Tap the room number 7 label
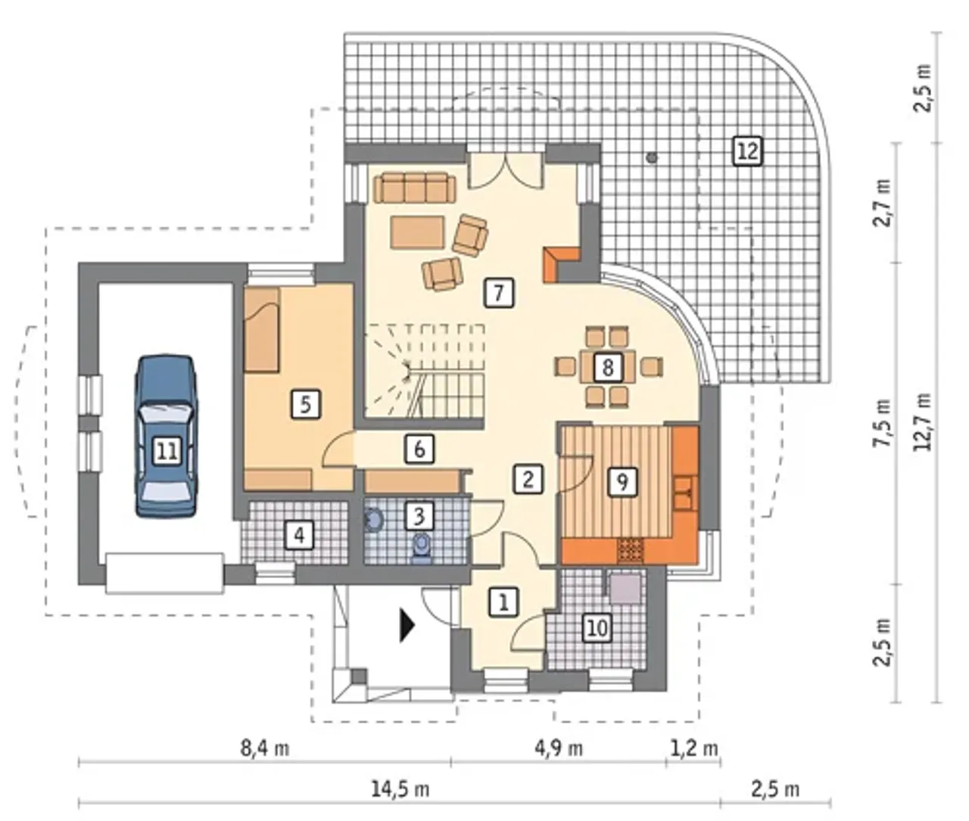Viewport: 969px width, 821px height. pyautogui.click(x=499, y=293)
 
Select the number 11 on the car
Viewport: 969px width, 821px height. pyautogui.click(x=167, y=452)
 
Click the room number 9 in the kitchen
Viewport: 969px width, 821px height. pyautogui.click(x=622, y=480)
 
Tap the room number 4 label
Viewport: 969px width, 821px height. pyautogui.click(x=299, y=535)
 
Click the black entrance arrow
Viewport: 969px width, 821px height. pyautogui.click(x=407, y=625)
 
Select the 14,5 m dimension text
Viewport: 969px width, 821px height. pyautogui.click(x=400, y=790)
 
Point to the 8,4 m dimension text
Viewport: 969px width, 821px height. pyautogui.click(x=265, y=748)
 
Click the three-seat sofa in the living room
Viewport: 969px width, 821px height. pyautogui.click(x=415, y=187)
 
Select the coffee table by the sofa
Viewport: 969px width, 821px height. pyautogui.click(x=418, y=232)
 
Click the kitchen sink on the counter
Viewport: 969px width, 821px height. pyautogui.click(x=685, y=493)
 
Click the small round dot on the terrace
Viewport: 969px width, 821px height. pyautogui.click(x=651, y=157)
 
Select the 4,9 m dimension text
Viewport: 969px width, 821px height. pyautogui.click(x=559, y=748)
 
